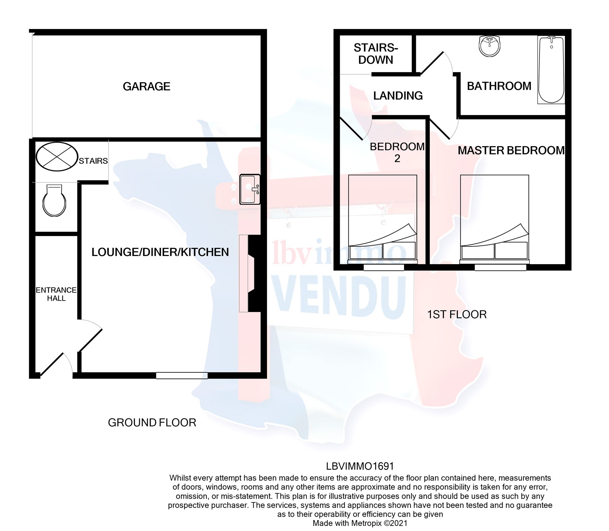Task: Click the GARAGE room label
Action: [146, 87]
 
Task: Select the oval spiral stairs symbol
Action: [57, 157]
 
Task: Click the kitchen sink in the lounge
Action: [250, 189]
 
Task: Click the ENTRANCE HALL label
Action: [56, 294]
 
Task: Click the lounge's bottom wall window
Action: [182, 376]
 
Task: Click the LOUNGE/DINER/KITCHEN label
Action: [160, 252]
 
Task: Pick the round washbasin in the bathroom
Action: [490, 46]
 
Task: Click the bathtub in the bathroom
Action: [551, 70]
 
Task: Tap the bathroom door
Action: [432, 63]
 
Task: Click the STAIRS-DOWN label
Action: [376, 54]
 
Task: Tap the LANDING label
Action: [398, 96]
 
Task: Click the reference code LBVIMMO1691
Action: [360, 466]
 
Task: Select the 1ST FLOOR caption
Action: [457, 314]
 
